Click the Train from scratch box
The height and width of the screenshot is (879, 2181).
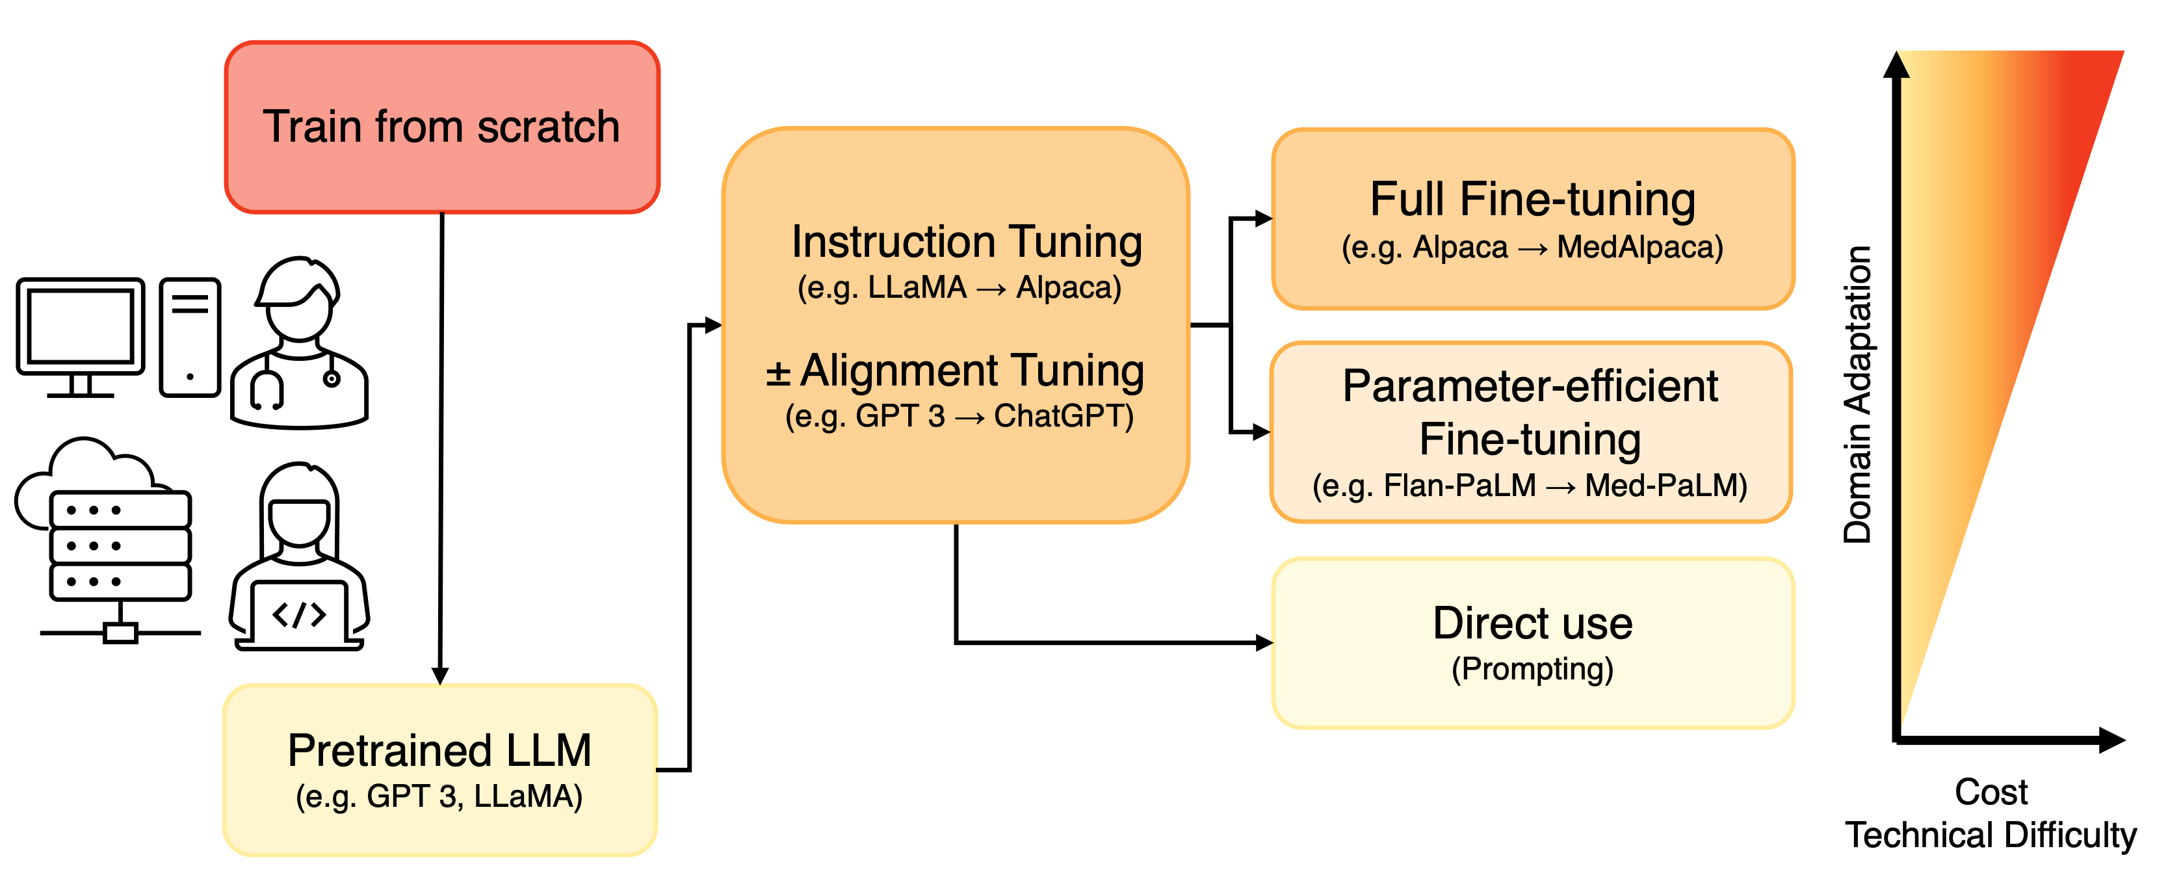click(x=442, y=127)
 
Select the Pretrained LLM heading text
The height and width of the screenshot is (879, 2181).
click(x=439, y=750)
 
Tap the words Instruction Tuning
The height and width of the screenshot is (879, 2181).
click(x=967, y=243)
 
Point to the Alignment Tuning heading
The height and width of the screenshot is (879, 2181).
click(x=972, y=371)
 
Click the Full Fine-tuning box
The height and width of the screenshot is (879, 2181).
click(x=1532, y=218)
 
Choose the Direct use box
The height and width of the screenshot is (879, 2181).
click(x=1532, y=643)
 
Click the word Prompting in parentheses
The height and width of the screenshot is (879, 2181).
click(x=1532, y=669)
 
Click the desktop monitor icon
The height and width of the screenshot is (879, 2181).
click(x=81, y=337)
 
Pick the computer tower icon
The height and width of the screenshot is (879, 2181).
click(x=190, y=337)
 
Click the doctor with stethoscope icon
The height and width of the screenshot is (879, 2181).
click(x=299, y=343)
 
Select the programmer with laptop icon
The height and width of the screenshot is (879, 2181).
click(x=299, y=557)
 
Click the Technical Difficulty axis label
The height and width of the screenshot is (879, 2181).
click(x=1991, y=836)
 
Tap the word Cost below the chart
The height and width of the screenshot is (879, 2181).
click(x=1991, y=793)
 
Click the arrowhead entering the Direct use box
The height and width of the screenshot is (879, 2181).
click(x=1264, y=643)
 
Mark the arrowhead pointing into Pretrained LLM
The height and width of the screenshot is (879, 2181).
click(x=440, y=676)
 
